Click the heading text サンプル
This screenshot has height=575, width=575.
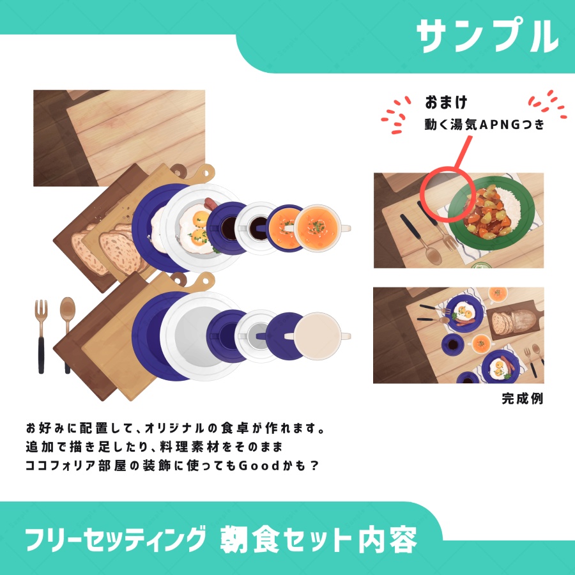[x=487, y=36]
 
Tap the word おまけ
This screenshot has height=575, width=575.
[x=447, y=102]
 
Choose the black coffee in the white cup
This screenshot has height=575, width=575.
[x=259, y=226]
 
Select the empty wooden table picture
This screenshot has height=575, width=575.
[x=119, y=137]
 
